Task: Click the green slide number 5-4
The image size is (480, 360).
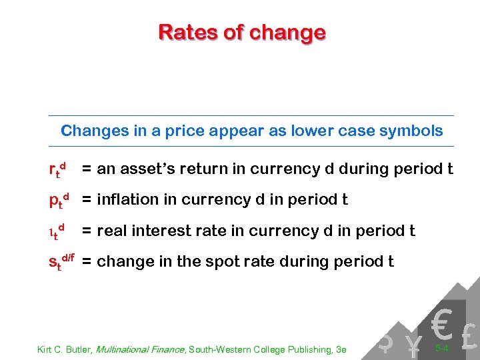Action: tap(441, 348)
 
